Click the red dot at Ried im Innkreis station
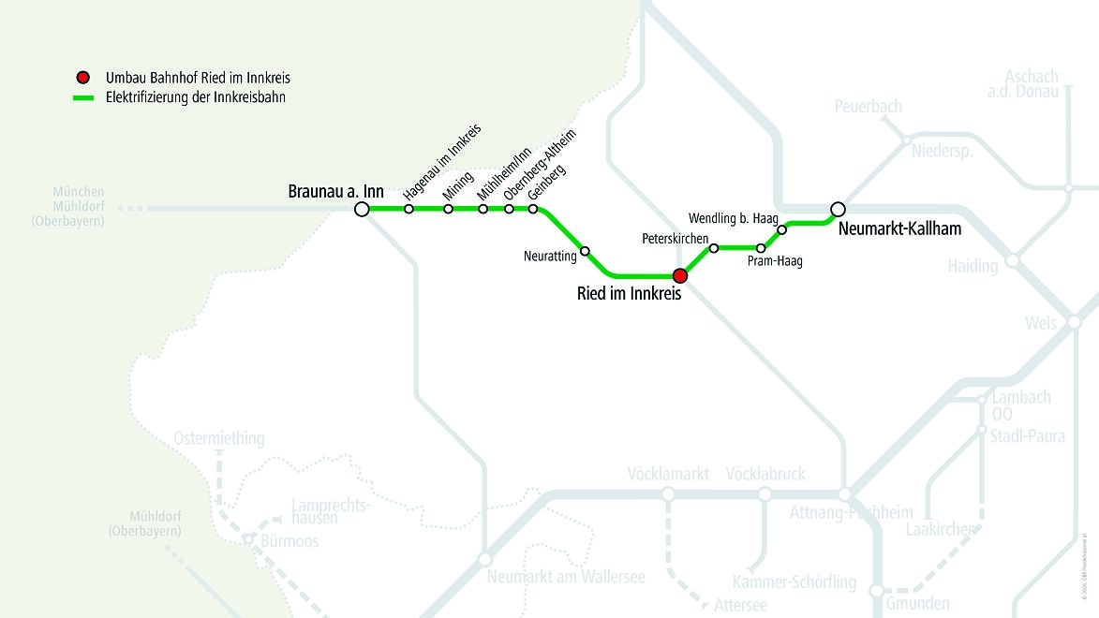681,275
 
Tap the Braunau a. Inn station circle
362,209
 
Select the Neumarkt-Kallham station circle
839,209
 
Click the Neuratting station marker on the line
585,251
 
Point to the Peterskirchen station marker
714,248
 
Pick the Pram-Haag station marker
761,248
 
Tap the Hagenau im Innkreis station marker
408,209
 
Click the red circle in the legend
83,78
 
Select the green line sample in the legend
84,97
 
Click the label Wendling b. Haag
733,218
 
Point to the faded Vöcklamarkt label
668,474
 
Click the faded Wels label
1041,323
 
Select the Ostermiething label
219,438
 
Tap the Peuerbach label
868,107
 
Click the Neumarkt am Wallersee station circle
484,559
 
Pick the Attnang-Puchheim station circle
844,494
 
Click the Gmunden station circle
876,591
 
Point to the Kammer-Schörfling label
795,581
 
